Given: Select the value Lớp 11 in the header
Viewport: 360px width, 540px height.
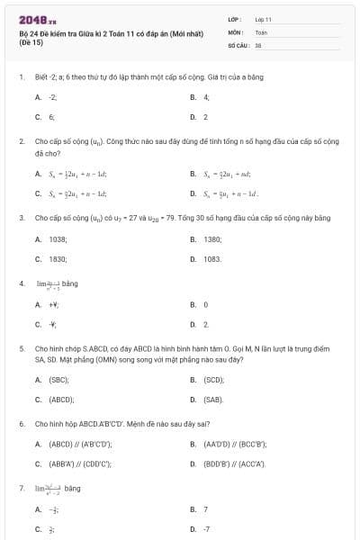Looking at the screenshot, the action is click(x=263, y=18).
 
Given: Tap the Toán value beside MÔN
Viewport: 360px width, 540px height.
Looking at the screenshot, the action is click(x=261, y=31).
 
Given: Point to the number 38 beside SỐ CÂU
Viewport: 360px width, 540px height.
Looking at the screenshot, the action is click(x=258, y=44).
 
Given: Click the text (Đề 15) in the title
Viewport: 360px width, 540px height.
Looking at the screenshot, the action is click(x=30, y=42).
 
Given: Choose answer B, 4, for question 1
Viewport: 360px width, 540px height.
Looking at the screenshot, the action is click(x=205, y=96).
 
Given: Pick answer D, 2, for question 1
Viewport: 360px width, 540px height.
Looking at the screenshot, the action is click(x=205, y=117).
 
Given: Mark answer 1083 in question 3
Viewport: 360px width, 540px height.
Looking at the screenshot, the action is click(x=212, y=258).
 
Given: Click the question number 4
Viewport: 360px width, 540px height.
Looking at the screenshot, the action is click(x=21, y=283).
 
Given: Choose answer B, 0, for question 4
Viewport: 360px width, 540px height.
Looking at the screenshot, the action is click(x=205, y=304).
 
